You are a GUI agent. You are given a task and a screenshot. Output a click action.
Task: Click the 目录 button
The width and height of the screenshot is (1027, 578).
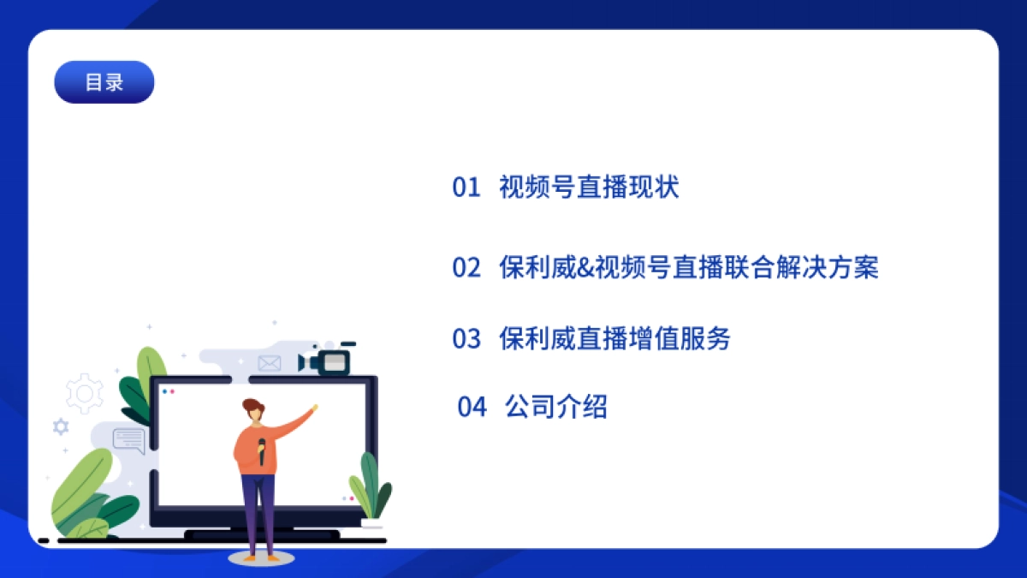[104, 82]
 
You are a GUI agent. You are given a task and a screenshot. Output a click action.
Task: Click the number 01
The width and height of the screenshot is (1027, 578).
[466, 188]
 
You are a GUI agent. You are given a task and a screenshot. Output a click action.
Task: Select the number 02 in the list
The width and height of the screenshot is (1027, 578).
[466, 268]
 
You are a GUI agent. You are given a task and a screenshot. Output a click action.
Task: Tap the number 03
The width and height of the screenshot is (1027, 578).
[466, 339]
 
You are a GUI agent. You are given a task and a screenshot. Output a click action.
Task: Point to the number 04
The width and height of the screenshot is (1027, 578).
[472, 407]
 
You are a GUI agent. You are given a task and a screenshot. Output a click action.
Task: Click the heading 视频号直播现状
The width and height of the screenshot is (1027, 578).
[589, 188]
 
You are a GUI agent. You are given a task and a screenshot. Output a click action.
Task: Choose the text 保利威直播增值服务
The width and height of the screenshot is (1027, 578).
[614, 339]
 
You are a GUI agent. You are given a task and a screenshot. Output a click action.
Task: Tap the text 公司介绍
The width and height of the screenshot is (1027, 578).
[556, 407]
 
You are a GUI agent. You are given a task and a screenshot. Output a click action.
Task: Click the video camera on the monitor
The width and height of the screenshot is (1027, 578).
[326, 361]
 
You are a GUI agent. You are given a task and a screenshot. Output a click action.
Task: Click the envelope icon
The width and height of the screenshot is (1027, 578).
[270, 364]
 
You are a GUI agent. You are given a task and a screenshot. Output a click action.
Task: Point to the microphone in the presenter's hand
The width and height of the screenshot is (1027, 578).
[262, 450]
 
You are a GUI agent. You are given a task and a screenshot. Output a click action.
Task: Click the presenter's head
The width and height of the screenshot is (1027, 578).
[253, 411]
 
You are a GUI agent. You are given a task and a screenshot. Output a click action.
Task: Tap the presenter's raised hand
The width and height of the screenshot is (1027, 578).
[314, 408]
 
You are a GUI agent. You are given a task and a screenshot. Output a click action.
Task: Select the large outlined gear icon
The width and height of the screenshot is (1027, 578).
[85, 394]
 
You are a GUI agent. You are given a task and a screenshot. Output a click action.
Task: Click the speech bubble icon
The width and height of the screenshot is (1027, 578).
[128, 439]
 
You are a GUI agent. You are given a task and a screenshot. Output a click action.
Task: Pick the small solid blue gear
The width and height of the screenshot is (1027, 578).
[61, 426]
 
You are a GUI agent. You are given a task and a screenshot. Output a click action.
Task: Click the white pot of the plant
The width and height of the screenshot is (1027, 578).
[371, 523]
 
